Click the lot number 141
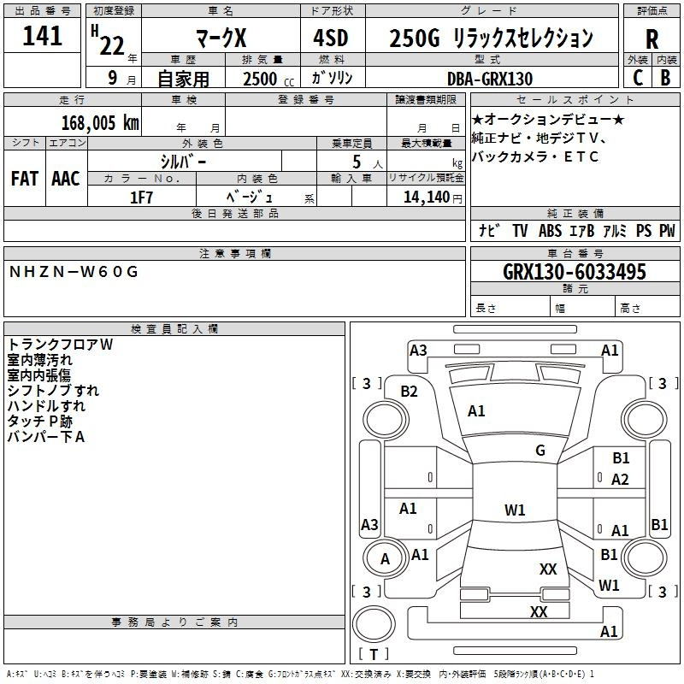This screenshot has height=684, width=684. pyautogui.click(x=42, y=35)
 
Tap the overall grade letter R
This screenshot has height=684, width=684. pyautogui.click(x=652, y=39)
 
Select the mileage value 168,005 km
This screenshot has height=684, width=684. pyautogui.click(x=100, y=122)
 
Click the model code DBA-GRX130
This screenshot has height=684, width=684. pyautogui.click(x=490, y=79)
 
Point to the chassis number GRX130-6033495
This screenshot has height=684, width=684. pyautogui.click(x=575, y=271)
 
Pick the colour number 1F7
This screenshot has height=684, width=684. pyautogui.click(x=141, y=198)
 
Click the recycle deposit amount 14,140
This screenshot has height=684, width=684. pyautogui.click(x=427, y=197)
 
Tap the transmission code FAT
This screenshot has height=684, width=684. pyautogui.click(x=25, y=179)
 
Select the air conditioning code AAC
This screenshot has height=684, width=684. pyautogui.click(x=66, y=179)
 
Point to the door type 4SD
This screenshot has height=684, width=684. pyautogui.click(x=331, y=38)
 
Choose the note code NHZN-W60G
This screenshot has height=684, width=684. pyautogui.click(x=74, y=272)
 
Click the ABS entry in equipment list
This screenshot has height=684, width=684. pyautogui.click(x=550, y=231)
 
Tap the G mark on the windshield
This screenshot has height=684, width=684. pyautogui.click(x=540, y=451)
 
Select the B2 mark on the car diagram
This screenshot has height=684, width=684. pyautogui.click(x=409, y=392)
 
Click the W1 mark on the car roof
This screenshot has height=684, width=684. pyautogui.click(x=515, y=510)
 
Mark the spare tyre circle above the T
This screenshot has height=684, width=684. pyautogui.click(x=374, y=624)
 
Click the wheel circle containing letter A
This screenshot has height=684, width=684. pyautogui.click(x=386, y=558)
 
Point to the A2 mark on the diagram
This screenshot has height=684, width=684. pyautogui.click(x=620, y=480)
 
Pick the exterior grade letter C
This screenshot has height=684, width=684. pyautogui.click(x=638, y=78)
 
